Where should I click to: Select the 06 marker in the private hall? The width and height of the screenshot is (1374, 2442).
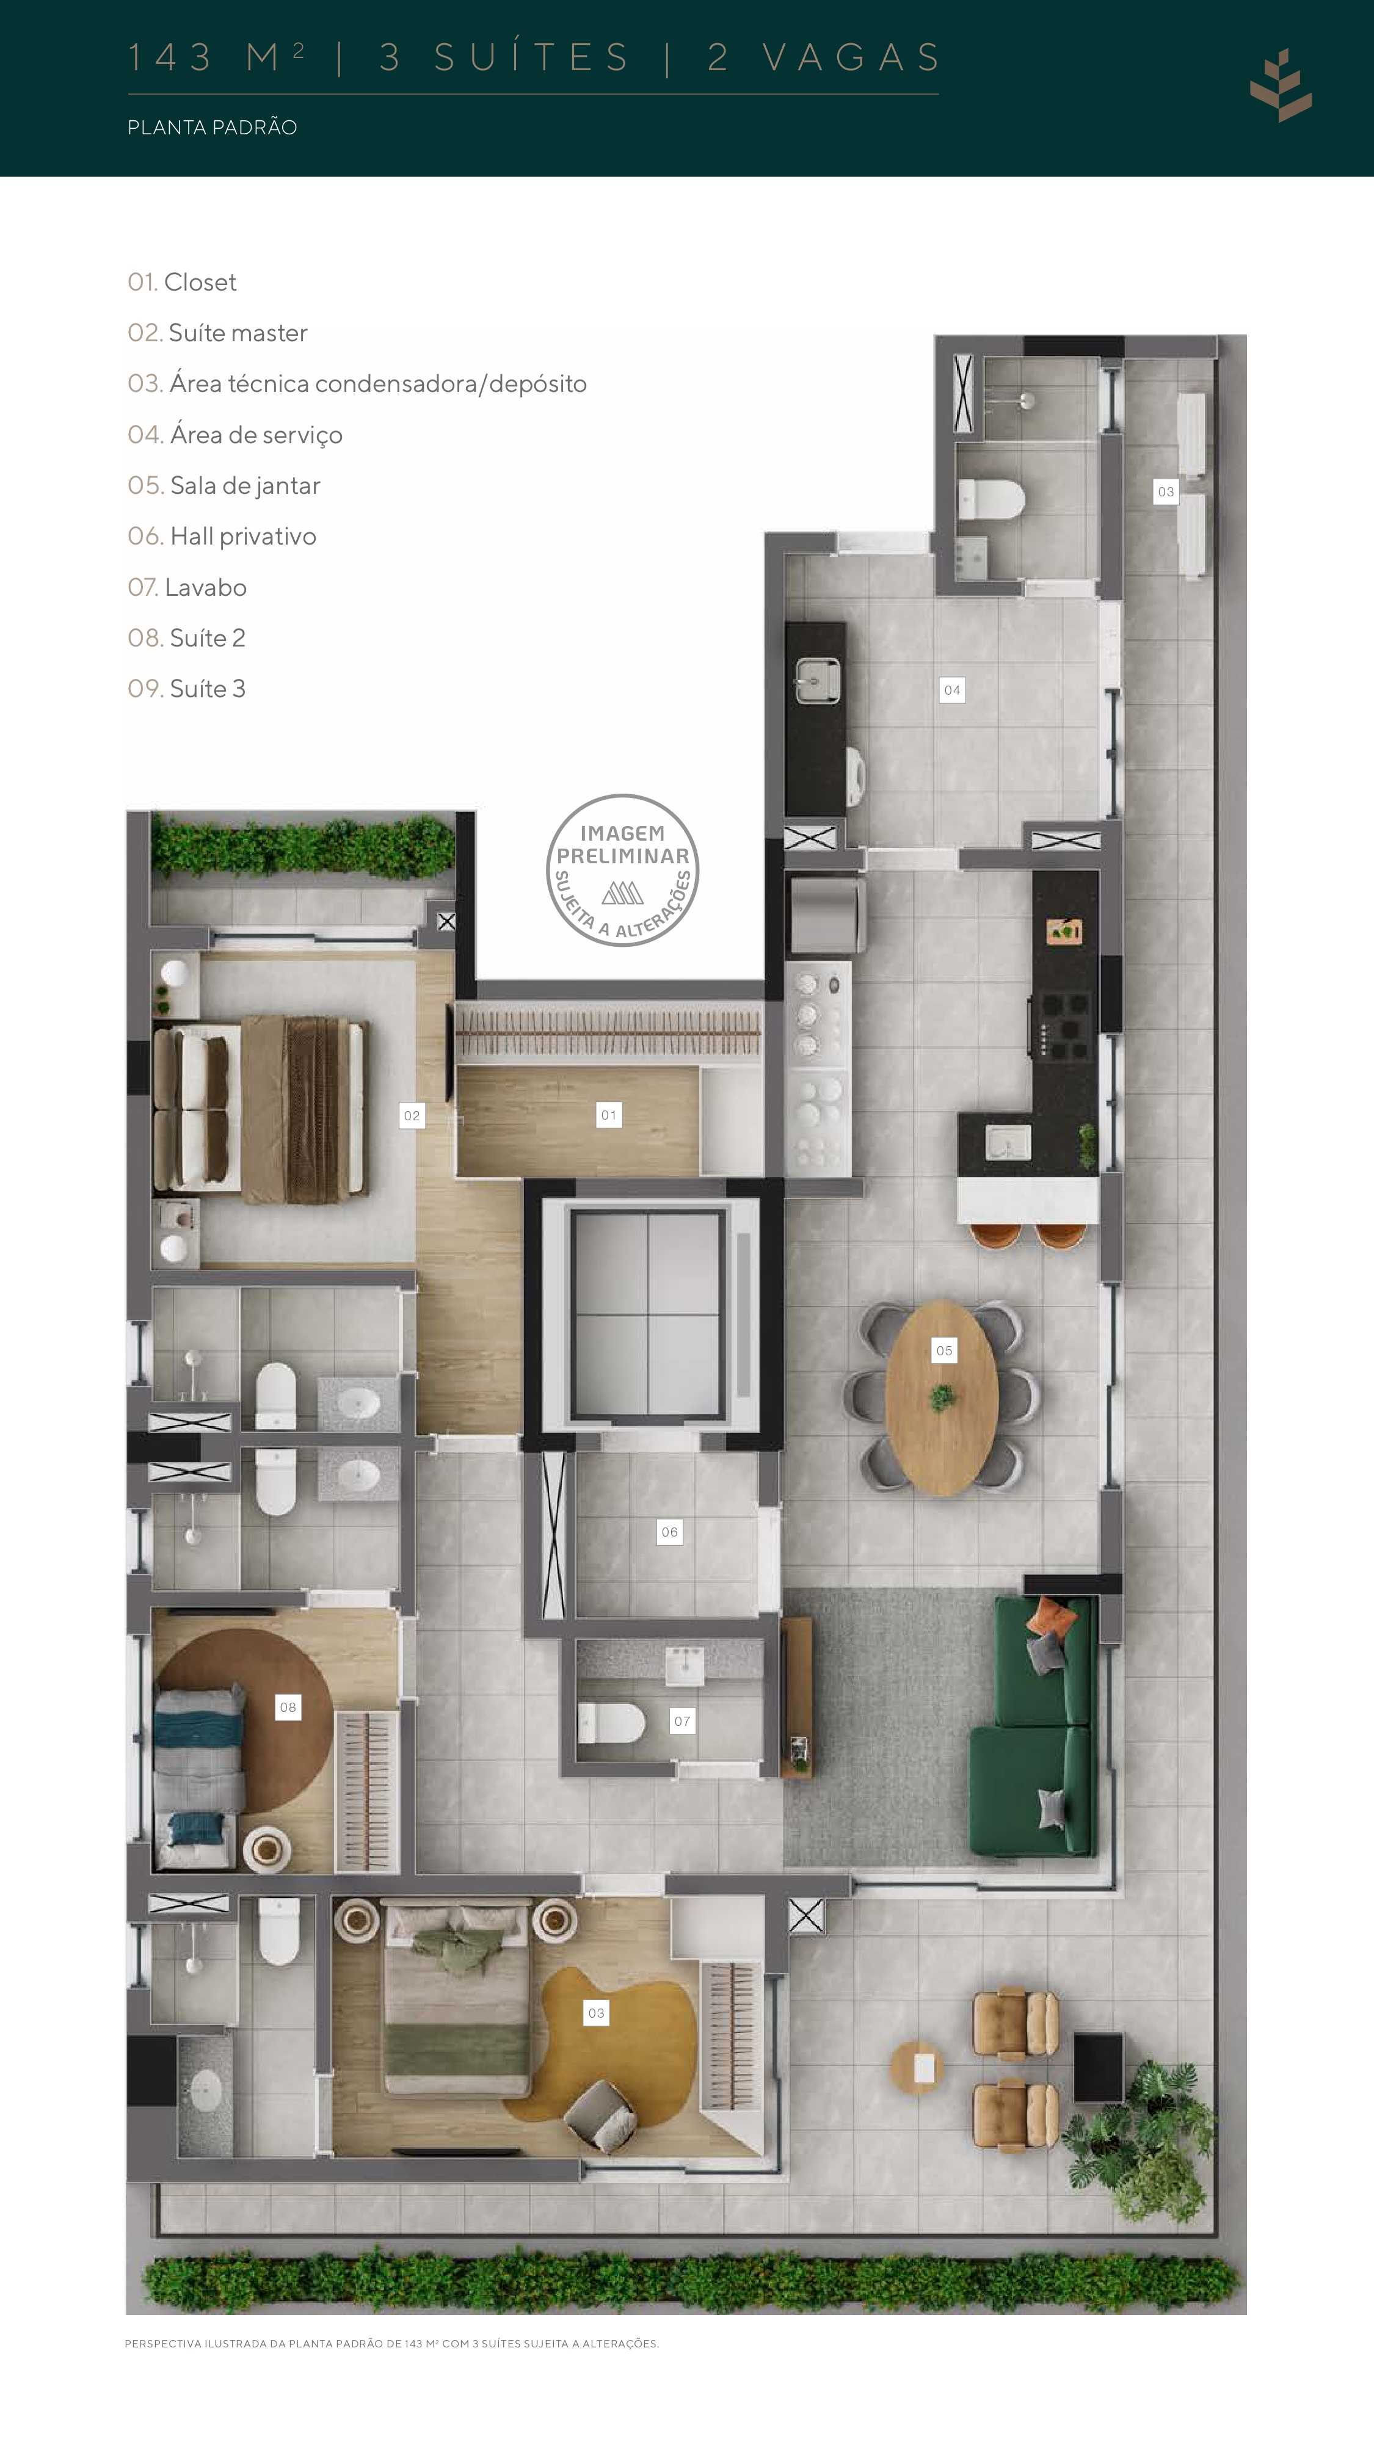669,1532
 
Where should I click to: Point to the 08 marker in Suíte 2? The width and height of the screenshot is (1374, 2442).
287,1708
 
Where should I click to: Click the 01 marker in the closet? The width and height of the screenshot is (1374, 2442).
608,1115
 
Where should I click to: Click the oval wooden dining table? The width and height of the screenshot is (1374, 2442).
942,1398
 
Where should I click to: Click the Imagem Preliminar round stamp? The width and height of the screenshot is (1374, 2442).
623,869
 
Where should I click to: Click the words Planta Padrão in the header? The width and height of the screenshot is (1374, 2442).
213,127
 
